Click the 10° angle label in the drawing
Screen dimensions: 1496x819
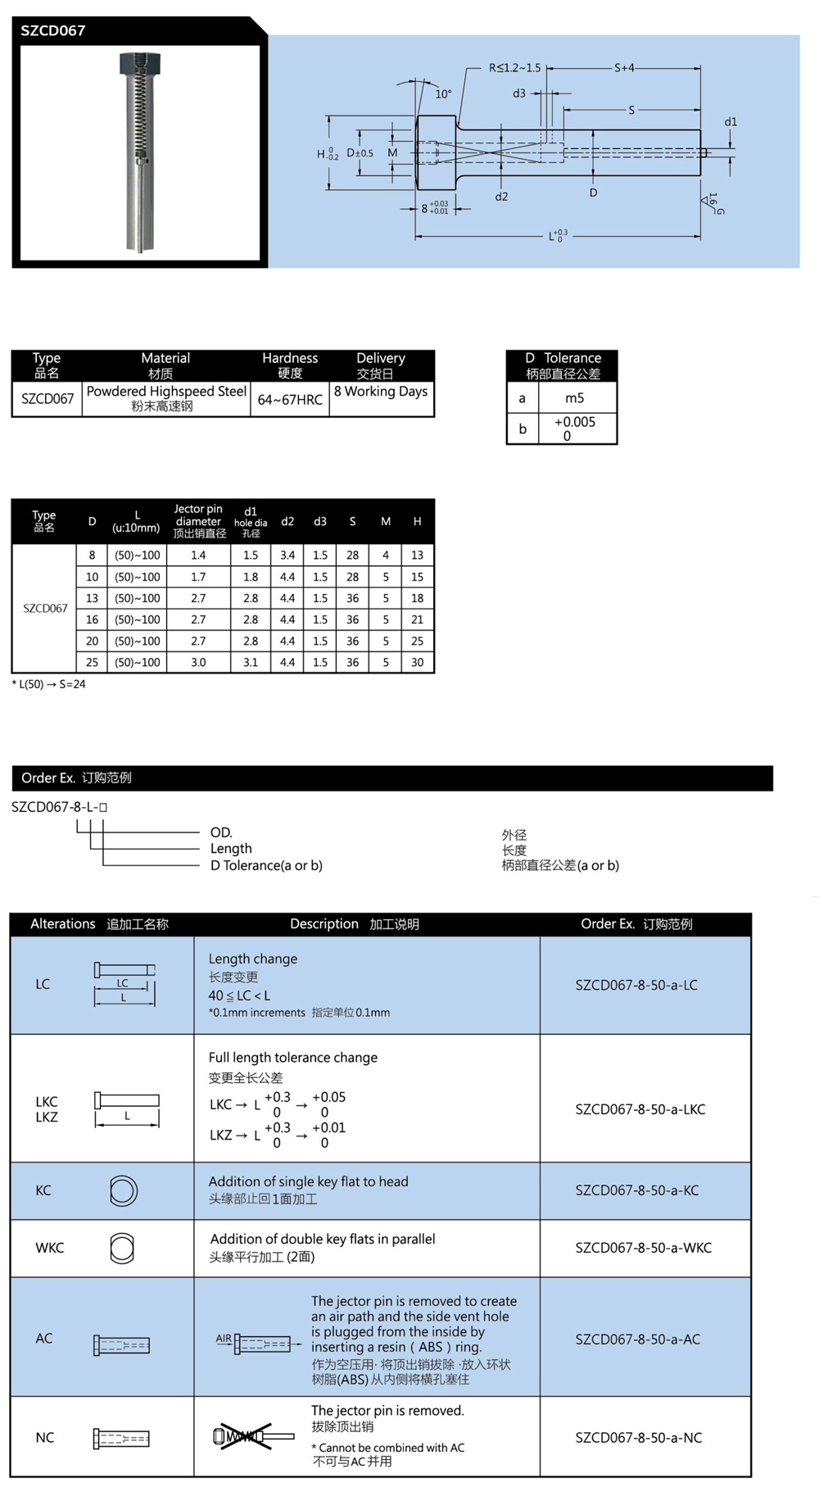pos(443,93)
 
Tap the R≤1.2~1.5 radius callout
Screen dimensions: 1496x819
pos(514,68)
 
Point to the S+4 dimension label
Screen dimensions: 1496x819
pos(624,68)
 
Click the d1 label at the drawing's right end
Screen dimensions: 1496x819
pos(731,122)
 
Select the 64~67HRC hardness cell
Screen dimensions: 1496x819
pos(290,399)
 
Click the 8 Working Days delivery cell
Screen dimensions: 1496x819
pos(381,392)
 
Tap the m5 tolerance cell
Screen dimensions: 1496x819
pos(575,398)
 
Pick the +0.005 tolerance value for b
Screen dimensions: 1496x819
pos(574,422)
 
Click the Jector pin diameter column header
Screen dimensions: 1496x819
pos(199,521)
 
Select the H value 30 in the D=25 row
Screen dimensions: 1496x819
pos(417,662)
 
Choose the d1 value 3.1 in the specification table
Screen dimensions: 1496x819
pos(251,662)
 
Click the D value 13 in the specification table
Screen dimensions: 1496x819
pos(92,598)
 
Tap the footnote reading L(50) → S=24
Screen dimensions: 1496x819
pos(49,684)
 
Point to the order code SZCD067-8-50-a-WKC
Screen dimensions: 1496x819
pos(643,1248)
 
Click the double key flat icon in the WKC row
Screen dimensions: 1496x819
pos(122,1249)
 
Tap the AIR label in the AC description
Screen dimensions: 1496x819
pos(224,1338)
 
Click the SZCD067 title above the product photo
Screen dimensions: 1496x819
pos(53,31)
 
